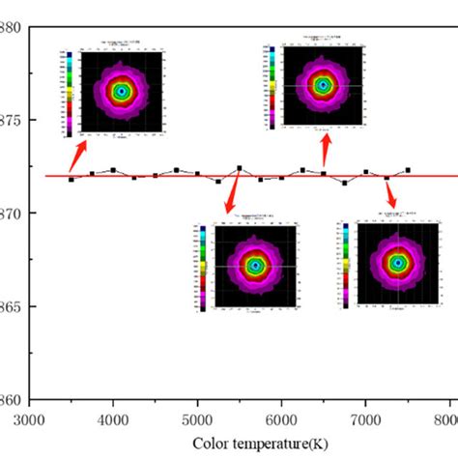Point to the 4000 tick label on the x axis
114,421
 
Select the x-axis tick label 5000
197,421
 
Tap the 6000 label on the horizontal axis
281,421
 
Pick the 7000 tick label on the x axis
364,421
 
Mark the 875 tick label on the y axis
11,120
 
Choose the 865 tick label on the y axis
11,307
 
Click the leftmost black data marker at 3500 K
72,180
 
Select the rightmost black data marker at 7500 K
407,170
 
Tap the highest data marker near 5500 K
240,168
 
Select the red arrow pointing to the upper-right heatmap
327,150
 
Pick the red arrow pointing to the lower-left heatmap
231,197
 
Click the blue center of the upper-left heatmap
122,92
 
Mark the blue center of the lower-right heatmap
397,263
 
